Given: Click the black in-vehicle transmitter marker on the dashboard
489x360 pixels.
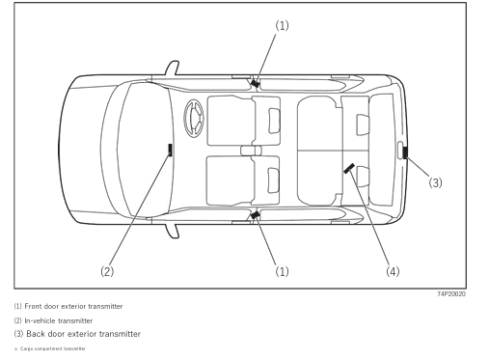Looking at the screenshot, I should pos(170,150).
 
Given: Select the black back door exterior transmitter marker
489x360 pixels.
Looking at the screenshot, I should pos(406,151).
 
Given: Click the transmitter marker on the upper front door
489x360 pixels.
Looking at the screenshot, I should pos(255,84).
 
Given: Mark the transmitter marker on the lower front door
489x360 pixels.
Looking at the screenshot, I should pos(255,215).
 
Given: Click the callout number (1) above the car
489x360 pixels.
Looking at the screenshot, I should pos(282,25).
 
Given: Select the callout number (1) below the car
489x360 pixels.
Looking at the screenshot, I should pos(282,271).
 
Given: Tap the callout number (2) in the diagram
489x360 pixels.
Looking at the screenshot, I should pos(107,271).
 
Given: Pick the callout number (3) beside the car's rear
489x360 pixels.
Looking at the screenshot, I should pos(435,182).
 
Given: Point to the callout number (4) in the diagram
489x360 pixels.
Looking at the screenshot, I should pos(393,271).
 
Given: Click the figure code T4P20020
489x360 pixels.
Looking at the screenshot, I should pos(450,293).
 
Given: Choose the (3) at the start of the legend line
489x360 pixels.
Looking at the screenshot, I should pos(18,334).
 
